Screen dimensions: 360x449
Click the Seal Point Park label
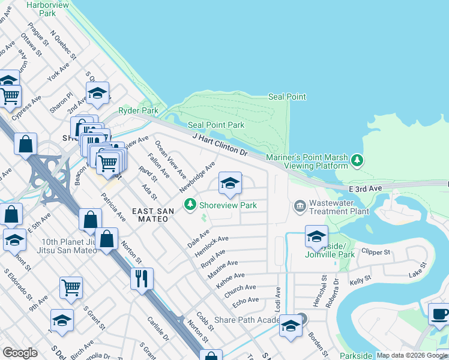tap(216, 125)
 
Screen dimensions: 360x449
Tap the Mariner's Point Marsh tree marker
tap(358, 160)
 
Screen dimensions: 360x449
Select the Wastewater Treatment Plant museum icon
tap(300, 206)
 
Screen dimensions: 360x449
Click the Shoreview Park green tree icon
tap(190, 205)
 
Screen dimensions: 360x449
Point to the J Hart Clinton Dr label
tap(220, 145)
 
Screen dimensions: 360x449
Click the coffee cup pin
tap(439, 314)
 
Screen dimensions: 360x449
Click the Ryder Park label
tap(138, 110)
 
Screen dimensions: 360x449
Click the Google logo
tap(20, 353)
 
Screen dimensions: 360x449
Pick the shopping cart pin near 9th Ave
tap(71, 287)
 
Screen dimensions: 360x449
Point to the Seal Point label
tap(287, 97)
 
